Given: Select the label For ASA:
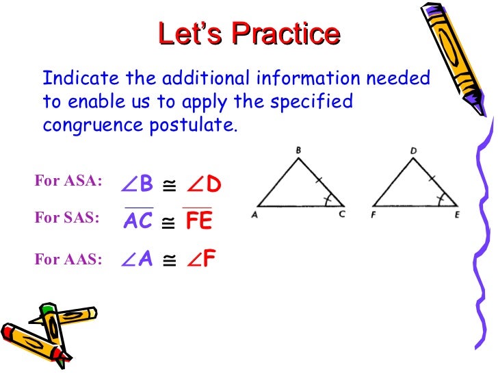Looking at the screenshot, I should pyautogui.click(x=68, y=181).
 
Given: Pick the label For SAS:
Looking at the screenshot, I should pyautogui.click(x=67, y=219).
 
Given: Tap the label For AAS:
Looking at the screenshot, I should pyautogui.click(x=68, y=259).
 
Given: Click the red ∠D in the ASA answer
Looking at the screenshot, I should pyautogui.click(x=205, y=184).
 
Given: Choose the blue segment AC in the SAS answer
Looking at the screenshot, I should pyautogui.click(x=139, y=221).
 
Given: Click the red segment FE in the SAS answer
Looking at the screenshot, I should pyautogui.click(x=198, y=221).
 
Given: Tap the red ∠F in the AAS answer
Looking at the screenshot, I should pyautogui.click(x=202, y=259).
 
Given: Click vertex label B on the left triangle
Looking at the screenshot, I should pyautogui.click(x=299, y=149).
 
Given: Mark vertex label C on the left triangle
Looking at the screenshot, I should pyautogui.click(x=342, y=213).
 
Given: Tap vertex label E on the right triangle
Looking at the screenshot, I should pyautogui.click(x=458, y=213).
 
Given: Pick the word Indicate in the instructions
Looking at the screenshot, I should pyautogui.click(x=73, y=78).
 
